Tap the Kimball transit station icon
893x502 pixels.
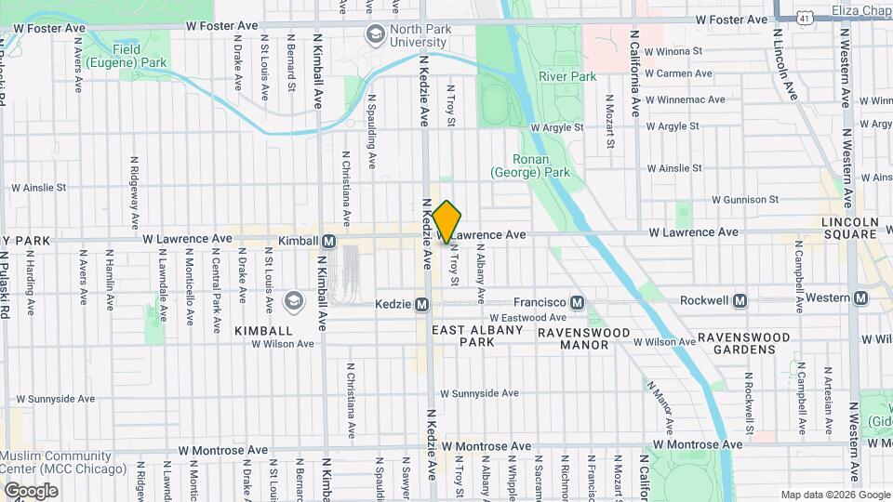(x=328, y=241)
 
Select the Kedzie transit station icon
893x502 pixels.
(x=421, y=304)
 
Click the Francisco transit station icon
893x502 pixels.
(x=577, y=302)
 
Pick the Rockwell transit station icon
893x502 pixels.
(x=740, y=300)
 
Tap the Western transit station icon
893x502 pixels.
(x=861, y=297)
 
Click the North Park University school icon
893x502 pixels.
(x=376, y=35)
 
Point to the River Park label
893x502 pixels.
(x=567, y=77)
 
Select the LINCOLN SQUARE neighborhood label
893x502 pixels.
(x=849, y=228)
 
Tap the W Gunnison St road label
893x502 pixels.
(x=745, y=199)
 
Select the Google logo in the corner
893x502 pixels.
(x=31, y=490)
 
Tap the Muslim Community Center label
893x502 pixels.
(x=62, y=462)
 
